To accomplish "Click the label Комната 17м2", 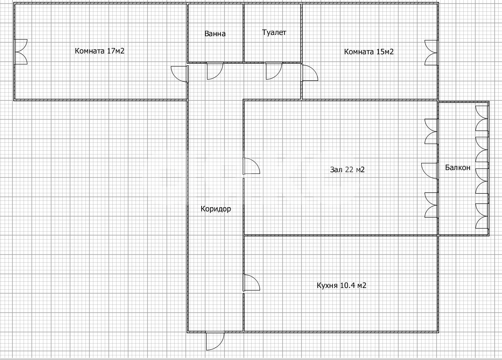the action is tap(100, 51).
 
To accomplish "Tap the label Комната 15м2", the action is tap(369, 51).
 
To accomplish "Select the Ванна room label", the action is tap(215, 34).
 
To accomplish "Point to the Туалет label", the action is tap(274, 32).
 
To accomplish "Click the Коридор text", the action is tap(216, 209).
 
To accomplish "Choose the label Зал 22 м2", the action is tap(348, 169).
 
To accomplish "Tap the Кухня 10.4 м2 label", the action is tap(342, 285).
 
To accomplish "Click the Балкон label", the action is tap(458, 167).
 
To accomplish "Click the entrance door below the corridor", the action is tap(215, 341).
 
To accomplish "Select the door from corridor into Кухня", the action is tap(252, 283).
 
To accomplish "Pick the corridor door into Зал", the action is tap(252, 166).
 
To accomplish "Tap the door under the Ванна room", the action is tap(215, 71).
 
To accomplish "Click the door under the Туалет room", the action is tap(274, 71).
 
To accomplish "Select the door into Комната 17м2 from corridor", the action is tap(179, 74).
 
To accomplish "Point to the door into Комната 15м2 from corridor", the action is tap(310, 73).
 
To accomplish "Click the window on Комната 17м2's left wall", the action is tap(21, 52).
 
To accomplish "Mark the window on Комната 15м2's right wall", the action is tap(431, 53).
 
